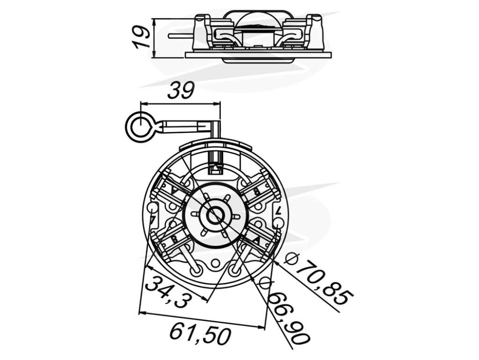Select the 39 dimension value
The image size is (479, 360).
coord(181,90)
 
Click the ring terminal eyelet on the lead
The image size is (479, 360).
coord(140,126)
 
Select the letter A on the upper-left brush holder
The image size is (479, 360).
coord(174,190)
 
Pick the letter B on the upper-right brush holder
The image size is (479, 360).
coord(257,191)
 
